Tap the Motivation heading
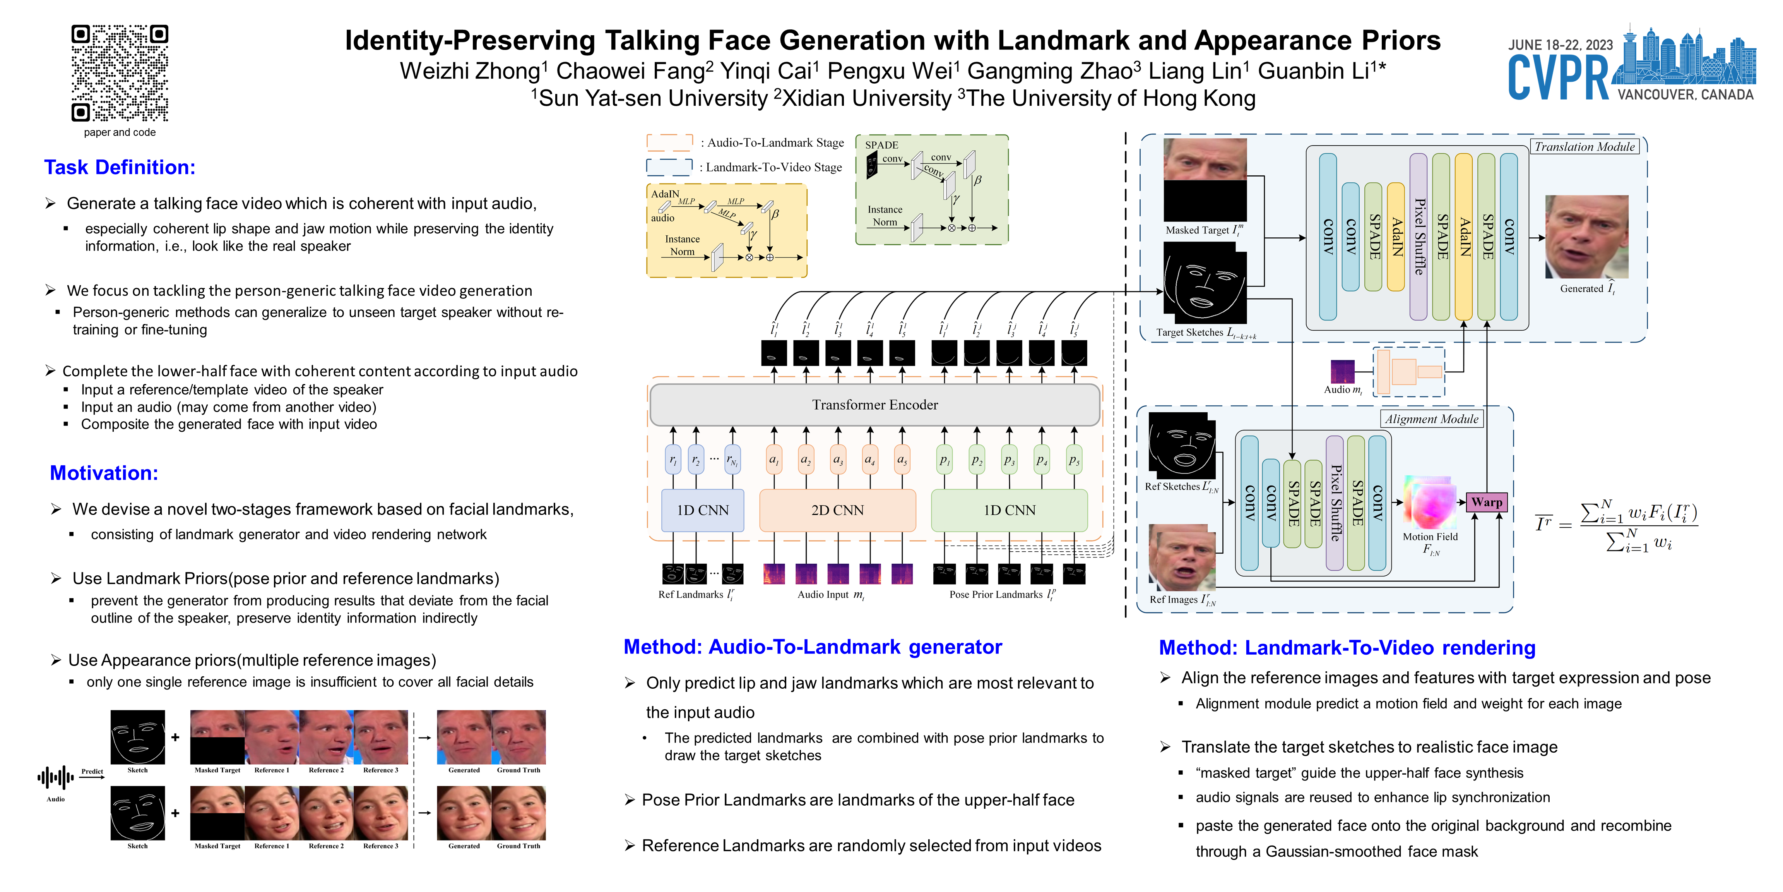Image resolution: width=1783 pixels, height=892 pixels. (104, 473)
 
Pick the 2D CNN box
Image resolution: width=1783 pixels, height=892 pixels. (837, 510)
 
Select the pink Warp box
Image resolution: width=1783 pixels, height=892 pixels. (1486, 502)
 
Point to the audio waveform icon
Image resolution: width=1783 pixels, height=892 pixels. (55, 777)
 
